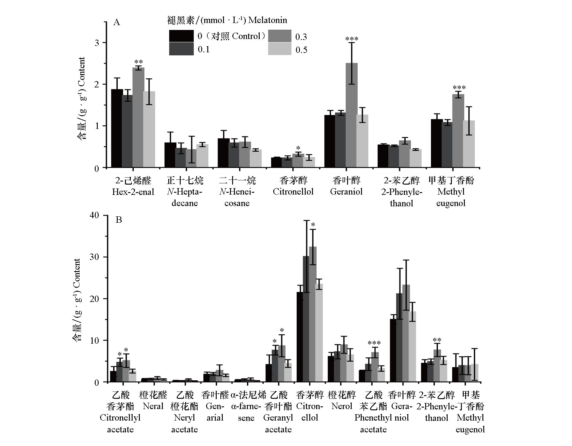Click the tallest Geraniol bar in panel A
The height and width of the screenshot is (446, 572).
coord(351,115)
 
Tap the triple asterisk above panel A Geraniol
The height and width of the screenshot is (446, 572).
coord(352,39)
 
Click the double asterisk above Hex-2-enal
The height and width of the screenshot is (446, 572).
coord(138,62)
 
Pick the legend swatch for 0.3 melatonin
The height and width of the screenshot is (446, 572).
coord(280,36)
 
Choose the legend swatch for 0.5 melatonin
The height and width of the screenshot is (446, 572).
coord(280,49)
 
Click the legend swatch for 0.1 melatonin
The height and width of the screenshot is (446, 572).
coord(181,49)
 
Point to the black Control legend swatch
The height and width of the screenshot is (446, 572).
coord(181,36)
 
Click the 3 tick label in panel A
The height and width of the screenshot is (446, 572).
coord(97,43)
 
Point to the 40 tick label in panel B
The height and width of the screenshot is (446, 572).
coord(94,215)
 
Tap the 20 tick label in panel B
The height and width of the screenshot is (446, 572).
coord(94,299)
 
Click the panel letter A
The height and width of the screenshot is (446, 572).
coord(117,22)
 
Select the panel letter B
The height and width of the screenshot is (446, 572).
coord(119,219)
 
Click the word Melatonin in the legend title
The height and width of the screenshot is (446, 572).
coord(268,20)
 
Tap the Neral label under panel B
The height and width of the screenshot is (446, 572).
coord(153,406)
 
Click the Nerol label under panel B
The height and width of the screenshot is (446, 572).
coord(342,406)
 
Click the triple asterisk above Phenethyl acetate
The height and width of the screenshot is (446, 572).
coord(374,343)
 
